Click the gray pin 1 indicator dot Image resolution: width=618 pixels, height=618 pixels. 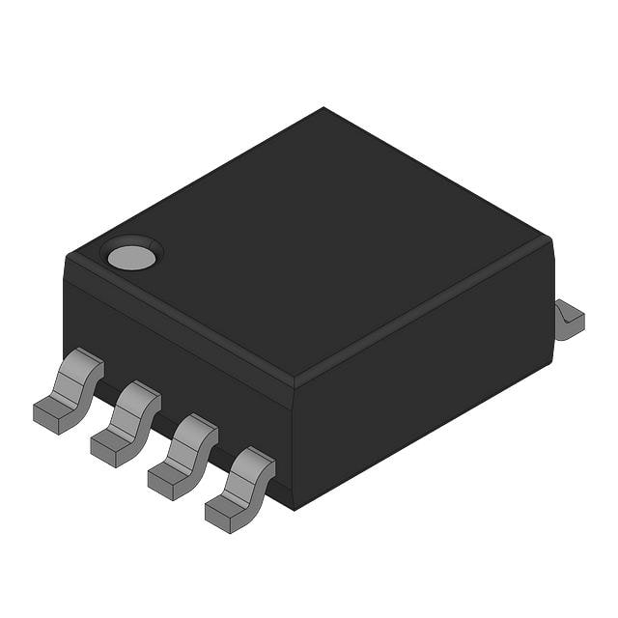pyautogui.click(x=131, y=257)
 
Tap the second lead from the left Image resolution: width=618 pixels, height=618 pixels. pyautogui.click(x=126, y=422)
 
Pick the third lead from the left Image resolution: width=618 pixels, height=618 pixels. pyautogui.click(x=183, y=455)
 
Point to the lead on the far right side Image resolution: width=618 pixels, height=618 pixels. pyautogui.click(x=569, y=319)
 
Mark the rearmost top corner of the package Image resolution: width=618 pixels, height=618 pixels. pyautogui.click(x=323, y=108)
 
